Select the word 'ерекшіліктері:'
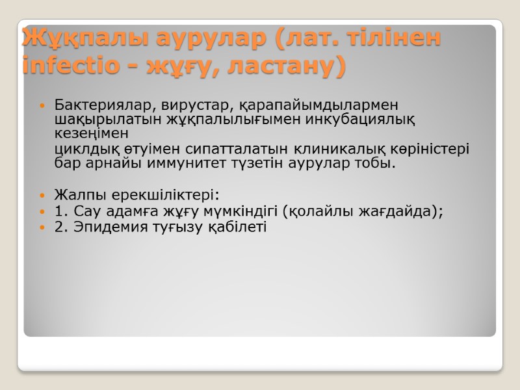(159, 195)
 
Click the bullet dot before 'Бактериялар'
(42, 105)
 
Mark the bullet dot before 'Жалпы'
(42, 196)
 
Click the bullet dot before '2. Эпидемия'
(42, 227)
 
